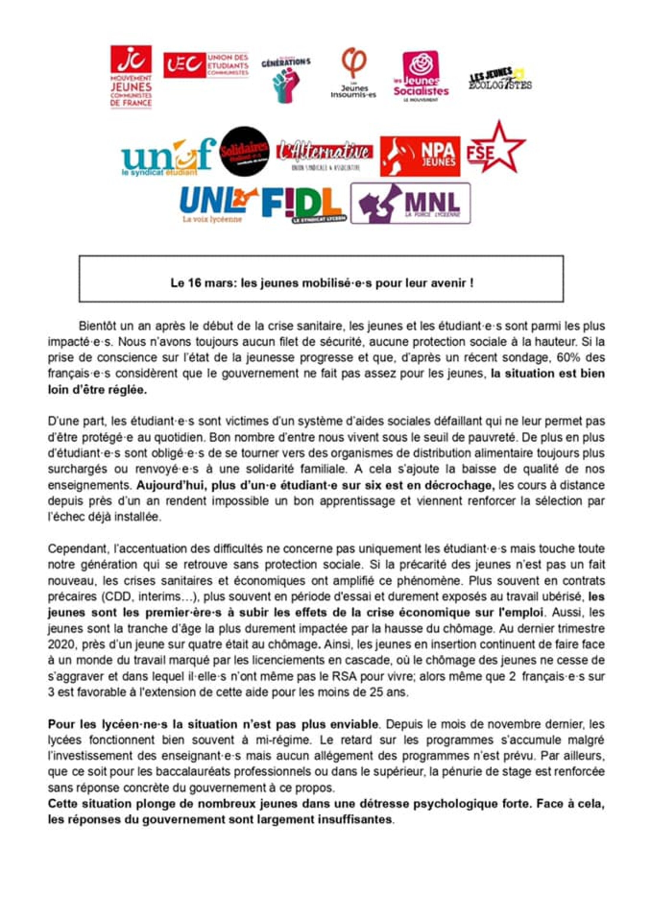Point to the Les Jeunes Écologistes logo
click(500, 79)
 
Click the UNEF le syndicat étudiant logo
click(168, 157)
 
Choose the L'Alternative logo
click(324, 155)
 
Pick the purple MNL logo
click(410, 203)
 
